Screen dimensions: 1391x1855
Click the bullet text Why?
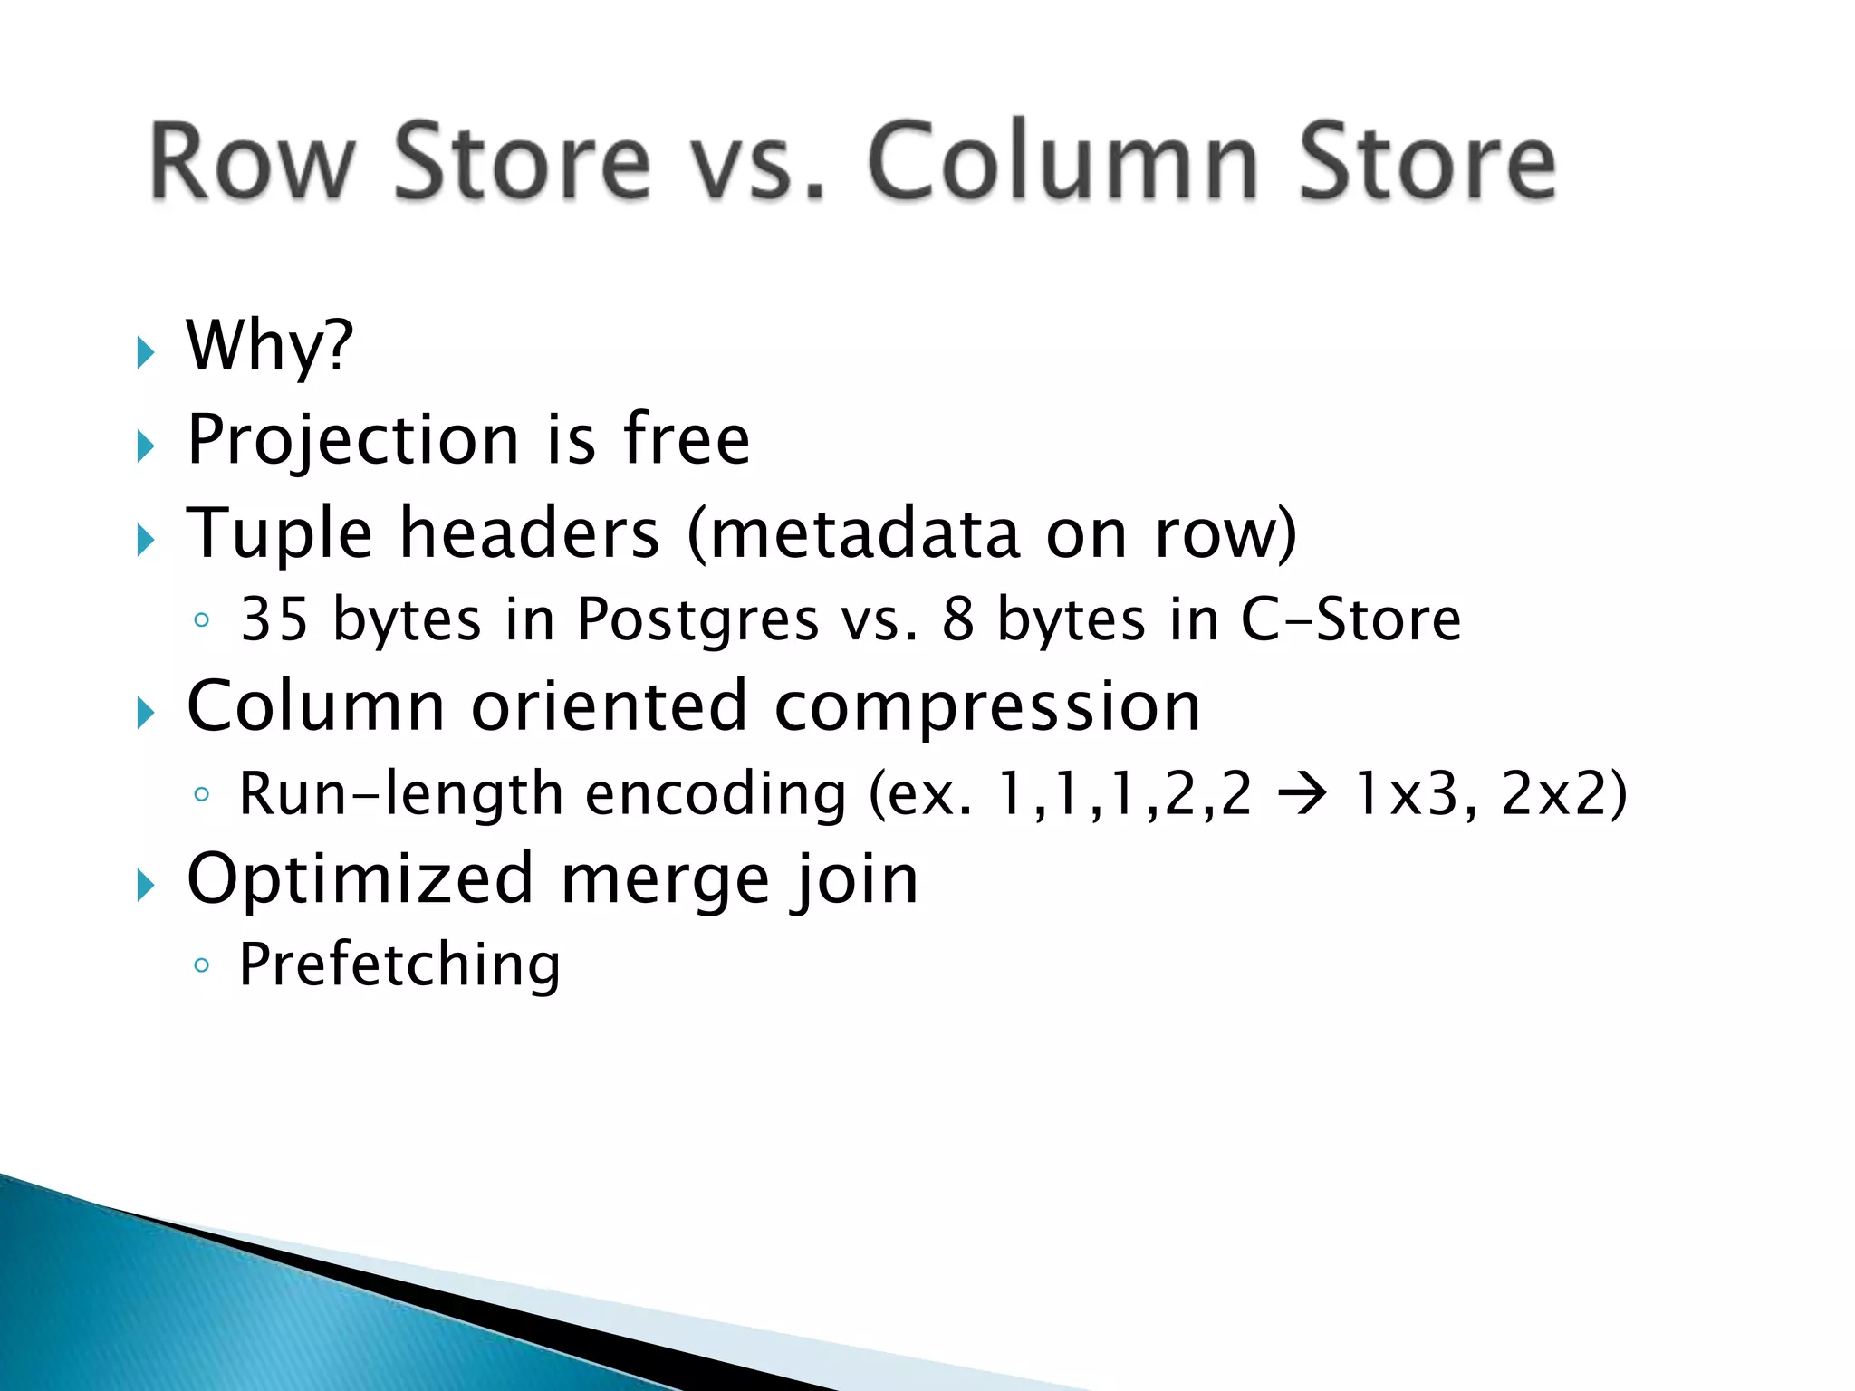(x=269, y=347)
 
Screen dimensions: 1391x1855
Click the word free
(x=686, y=439)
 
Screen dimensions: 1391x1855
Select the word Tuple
(x=279, y=534)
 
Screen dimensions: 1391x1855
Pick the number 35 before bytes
(x=274, y=619)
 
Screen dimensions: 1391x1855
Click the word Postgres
(x=697, y=621)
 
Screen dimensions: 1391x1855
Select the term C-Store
(x=1350, y=619)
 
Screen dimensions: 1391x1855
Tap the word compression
(x=987, y=706)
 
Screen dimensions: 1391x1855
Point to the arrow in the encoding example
(x=1302, y=794)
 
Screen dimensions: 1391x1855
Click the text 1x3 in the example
(x=1406, y=794)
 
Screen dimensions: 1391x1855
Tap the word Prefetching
(x=399, y=965)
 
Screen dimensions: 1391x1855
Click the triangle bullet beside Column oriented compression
(x=145, y=713)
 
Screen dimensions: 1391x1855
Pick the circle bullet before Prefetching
(x=201, y=965)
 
